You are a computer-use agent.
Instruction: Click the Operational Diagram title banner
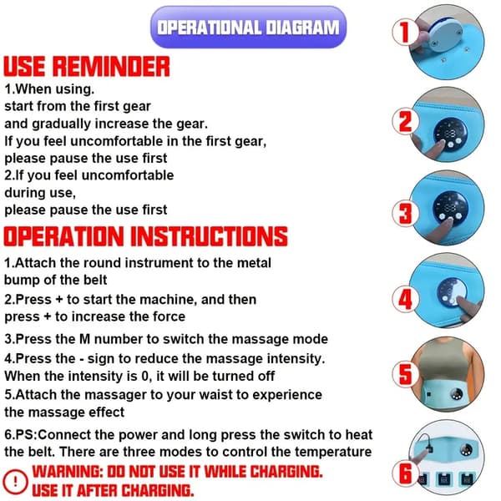click(x=248, y=28)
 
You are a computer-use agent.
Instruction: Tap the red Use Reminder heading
click(x=87, y=67)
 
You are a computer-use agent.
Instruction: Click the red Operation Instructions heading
click(x=145, y=236)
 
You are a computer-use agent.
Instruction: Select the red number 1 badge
click(x=405, y=32)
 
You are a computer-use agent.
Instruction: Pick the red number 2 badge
click(x=405, y=121)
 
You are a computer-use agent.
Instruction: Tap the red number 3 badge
click(x=405, y=213)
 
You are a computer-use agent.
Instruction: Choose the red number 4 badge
click(x=405, y=300)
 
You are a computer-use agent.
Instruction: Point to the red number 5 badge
click(x=405, y=374)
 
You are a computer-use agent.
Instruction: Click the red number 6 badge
click(x=405, y=473)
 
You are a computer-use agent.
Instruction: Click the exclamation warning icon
click(x=15, y=482)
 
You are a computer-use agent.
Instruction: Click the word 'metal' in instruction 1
click(x=254, y=263)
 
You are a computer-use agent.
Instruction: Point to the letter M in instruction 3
click(x=84, y=339)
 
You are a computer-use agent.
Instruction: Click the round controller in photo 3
click(x=450, y=208)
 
